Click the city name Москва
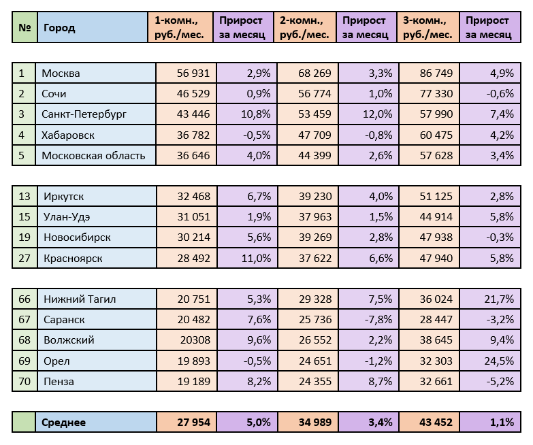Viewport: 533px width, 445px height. pyautogui.click(x=61, y=73)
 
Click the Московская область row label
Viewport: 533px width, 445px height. pyautogui.click(x=93, y=155)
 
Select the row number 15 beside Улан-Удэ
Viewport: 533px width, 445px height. pyautogui.click(x=25, y=217)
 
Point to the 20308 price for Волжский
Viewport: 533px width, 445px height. pyautogui.click(x=195, y=340)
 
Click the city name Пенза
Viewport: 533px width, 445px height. pyautogui.click(x=58, y=382)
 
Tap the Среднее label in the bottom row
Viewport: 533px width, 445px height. pyautogui.click(x=64, y=423)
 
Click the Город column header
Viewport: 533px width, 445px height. pyautogui.click(x=59, y=28)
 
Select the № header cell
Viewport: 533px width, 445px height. pyautogui.click(x=25, y=28)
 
